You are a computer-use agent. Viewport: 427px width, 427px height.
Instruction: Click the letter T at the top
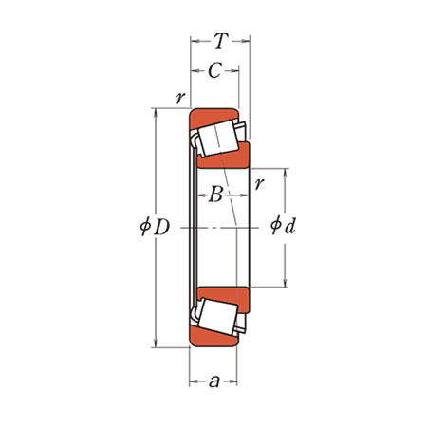coord(221,41)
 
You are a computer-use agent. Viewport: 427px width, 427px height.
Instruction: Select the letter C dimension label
coord(214,70)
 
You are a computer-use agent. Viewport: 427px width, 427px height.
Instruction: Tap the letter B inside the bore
coord(216,195)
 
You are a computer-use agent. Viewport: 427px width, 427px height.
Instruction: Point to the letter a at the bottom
coord(214,381)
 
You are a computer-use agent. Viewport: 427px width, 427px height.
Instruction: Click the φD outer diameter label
coord(155,227)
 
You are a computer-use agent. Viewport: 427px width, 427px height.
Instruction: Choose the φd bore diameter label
coord(283,225)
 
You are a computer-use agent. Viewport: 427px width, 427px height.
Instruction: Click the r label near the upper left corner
coord(180,98)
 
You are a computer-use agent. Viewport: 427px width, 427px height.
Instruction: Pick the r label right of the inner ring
coord(259,183)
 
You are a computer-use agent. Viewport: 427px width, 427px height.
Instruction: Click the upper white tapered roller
coord(218,139)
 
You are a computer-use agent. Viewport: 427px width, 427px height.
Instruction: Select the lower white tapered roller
coord(217,317)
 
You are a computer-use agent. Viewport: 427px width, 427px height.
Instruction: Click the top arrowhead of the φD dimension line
coord(155,113)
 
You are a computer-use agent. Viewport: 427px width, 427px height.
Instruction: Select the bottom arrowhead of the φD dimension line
coord(155,343)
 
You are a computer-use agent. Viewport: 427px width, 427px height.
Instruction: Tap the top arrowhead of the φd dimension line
coord(286,173)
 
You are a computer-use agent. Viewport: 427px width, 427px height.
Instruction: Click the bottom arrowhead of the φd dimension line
coord(286,283)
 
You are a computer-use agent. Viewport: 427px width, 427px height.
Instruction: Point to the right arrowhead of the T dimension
coord(246,41)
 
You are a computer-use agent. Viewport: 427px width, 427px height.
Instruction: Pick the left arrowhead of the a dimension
coord(194,381)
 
